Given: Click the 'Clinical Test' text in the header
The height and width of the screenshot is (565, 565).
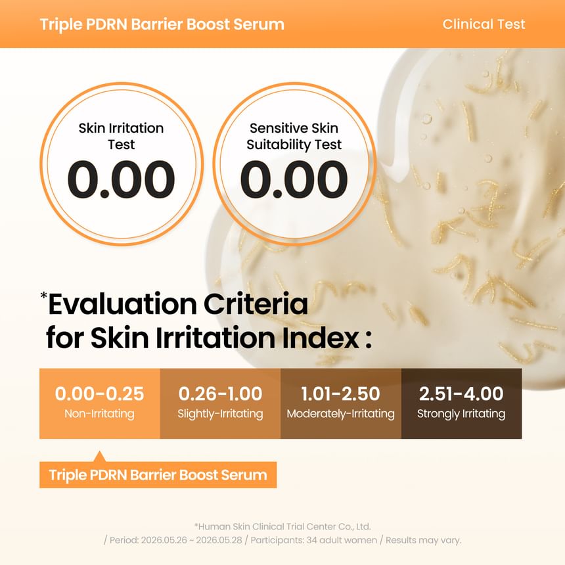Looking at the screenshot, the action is pos(484,24).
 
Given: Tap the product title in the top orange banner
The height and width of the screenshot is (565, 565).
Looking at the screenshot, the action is pos(162,24).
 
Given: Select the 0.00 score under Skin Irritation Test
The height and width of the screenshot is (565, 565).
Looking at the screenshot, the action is pos(121,179).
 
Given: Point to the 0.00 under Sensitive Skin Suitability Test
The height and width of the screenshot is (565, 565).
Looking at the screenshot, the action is pos(294,179).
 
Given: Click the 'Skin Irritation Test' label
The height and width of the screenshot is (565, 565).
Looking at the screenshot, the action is pos(121,136).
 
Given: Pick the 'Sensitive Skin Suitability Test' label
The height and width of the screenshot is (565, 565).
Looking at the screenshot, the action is pos(294,136).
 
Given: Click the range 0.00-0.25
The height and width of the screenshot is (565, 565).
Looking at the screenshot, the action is pos(99,394).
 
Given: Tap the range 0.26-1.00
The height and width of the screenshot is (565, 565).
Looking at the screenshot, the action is pos(220,394).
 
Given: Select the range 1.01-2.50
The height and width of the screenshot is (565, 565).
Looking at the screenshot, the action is pos(340,394).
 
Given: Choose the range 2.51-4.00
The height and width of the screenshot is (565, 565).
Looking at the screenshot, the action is pos(461,394).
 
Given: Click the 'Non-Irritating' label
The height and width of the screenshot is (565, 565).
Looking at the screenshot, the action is pos(99,414).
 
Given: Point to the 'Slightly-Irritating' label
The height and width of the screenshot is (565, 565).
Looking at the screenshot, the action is pos(220,414).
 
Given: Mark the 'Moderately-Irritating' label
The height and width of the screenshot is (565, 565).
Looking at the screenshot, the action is pos(340,414).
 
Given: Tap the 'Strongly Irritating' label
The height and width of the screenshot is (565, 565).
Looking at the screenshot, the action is pos(461,414).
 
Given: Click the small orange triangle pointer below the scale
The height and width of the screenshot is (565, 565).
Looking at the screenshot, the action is pos(100,457).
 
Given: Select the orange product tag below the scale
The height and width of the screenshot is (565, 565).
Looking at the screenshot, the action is pos(158,475).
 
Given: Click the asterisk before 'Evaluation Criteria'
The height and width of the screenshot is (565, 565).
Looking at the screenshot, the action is pos(43,296).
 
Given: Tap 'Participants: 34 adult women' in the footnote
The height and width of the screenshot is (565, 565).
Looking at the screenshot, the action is pos(313,540).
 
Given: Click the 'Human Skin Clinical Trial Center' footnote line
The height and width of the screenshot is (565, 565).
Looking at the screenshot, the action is pos(282,526).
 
